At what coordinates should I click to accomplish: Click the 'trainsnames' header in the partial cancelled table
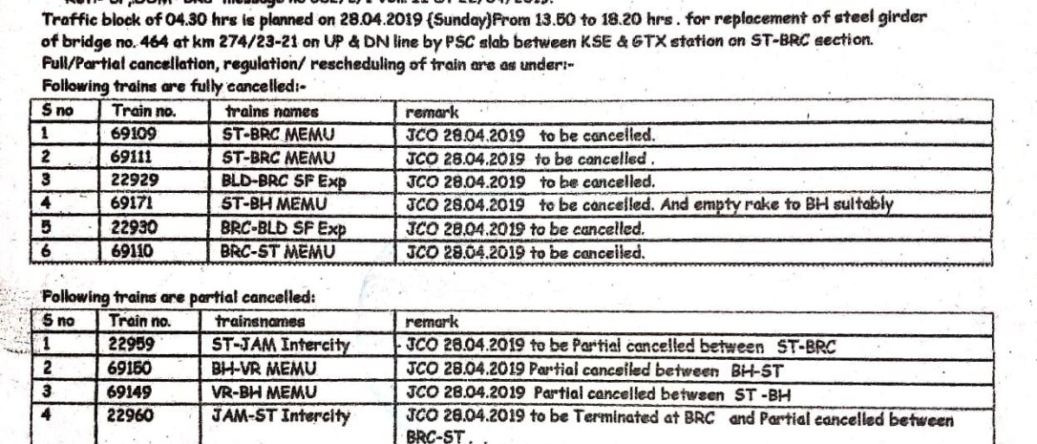tap(254, 322)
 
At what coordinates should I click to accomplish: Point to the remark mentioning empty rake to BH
tap(648, 204)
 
